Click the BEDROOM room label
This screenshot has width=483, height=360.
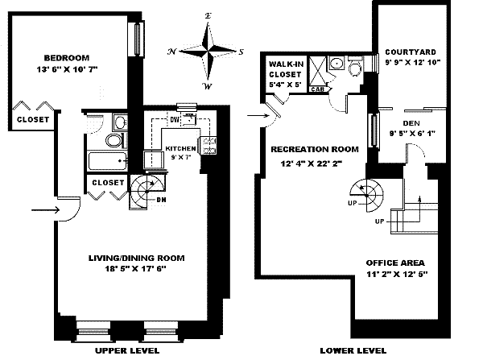click(66, 58)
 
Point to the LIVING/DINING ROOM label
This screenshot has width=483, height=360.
click(136, 258)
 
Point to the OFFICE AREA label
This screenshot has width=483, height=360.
click(394, 263)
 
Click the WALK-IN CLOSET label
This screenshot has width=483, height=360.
click(286, 68)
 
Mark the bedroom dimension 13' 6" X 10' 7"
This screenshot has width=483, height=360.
click(66, 70)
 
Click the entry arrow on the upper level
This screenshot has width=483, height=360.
click(43, 212)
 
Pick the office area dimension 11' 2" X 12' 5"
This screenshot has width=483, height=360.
click(394, 275)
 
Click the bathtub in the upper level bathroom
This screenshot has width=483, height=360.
click(107, 163)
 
